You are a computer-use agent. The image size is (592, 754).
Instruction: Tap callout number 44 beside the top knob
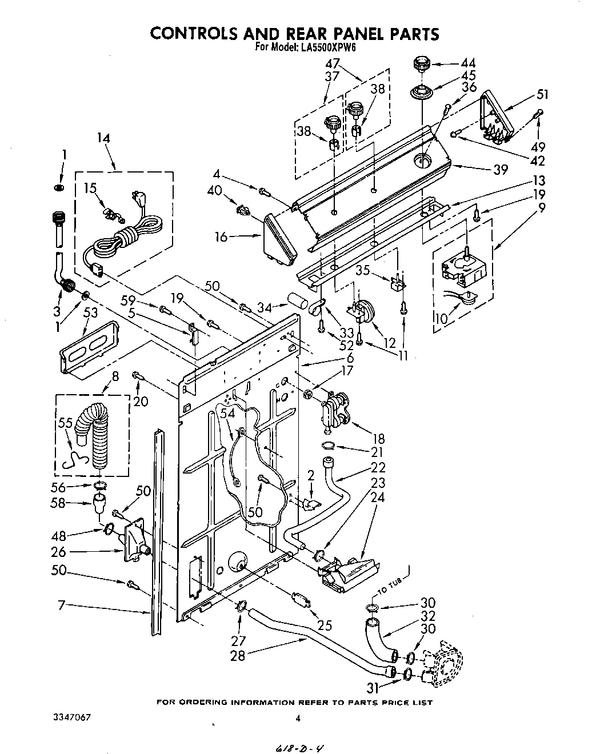[x=468, y=64]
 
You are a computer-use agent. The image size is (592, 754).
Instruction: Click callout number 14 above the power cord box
[x=103, y=138]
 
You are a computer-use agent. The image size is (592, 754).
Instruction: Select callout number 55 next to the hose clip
[x=66, y=423]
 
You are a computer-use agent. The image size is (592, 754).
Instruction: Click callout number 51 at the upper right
[x=542, y=95]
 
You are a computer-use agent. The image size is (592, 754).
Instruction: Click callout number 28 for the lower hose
[x=237, y=656]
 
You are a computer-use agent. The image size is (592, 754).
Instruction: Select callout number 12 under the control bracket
[x=390, y=343]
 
